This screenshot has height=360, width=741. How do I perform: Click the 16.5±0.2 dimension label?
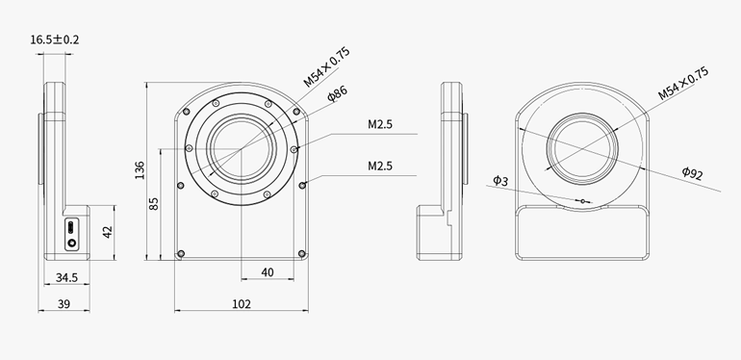coord(55,39)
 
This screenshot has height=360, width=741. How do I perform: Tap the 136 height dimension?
coord(140,170)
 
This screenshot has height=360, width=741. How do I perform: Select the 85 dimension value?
coord(154,203)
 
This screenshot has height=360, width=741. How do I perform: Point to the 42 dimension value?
coord(108,231)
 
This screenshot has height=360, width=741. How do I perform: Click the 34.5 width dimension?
coord(66,277)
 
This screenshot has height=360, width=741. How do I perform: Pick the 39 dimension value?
coord(64,304)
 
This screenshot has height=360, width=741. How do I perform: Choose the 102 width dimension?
coord(242,304)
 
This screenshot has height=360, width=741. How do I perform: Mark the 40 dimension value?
coord(268,272)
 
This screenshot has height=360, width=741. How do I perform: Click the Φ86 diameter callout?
coord(338,93)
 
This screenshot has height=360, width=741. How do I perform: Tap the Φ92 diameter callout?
coord(692,173)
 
